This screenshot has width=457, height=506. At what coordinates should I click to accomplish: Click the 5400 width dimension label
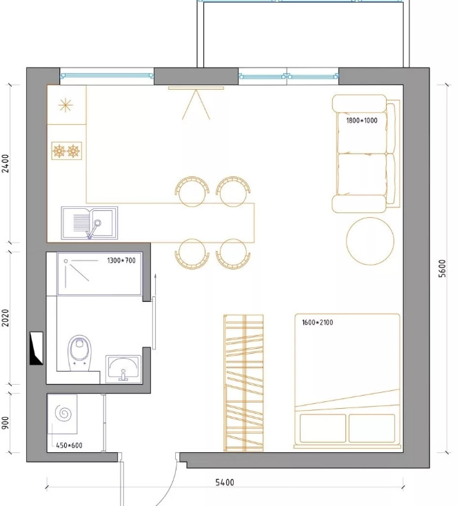click(225, 483)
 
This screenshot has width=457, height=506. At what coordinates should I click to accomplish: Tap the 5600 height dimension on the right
click(442, 268)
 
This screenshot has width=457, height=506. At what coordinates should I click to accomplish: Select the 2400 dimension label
click(6, 163)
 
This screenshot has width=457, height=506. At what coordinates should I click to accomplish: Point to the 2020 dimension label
click(6, 318)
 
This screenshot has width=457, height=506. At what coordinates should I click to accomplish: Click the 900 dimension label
click(6, 423)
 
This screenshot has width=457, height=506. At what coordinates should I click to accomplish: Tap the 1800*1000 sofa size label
click(362, 121)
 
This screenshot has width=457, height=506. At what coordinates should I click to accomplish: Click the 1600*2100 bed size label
click(318, 323)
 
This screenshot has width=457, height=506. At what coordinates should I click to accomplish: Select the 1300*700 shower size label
click(121, 261)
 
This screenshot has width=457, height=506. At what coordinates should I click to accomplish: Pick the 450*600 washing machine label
click(69, 445)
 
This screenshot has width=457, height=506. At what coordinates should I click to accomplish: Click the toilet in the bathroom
click(79, 353)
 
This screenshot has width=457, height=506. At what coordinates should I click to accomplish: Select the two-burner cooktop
click(66, 151)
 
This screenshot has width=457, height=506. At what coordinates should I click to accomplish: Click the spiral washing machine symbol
click(63, 414)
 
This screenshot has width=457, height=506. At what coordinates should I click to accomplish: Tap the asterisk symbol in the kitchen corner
click(65, 105)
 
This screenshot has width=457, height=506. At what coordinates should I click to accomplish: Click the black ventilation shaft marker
click(36, 348)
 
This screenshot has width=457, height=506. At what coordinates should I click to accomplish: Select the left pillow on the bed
click(323, 428)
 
